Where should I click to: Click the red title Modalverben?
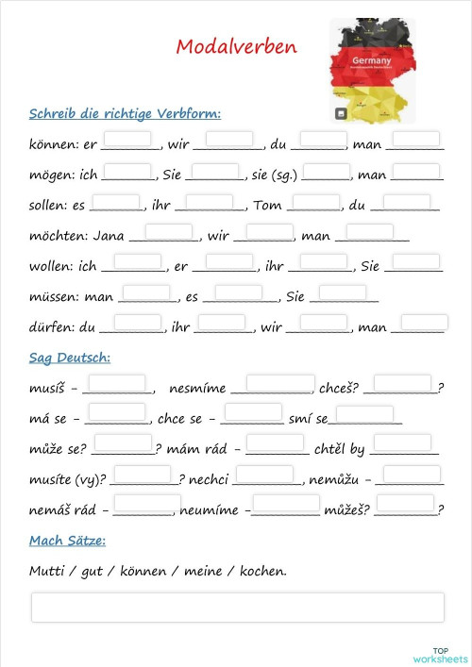click(x=236, y=47)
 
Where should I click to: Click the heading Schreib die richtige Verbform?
click(x=125, y=114)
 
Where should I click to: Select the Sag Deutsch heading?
click(x=70, y=358)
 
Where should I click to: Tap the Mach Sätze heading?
click(x=67, y=541)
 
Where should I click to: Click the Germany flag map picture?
click(x=371, y=71)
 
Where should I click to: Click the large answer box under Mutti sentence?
click(x=237, y=608)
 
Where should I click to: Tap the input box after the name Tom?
click(x=314, y=201)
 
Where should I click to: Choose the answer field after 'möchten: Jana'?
click(x=168, y=231)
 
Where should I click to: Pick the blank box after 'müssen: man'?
click(x=145, y=292)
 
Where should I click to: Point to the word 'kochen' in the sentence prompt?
click(x=262, y=571)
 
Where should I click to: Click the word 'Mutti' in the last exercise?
click(x=47, y=571)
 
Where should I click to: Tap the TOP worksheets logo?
click(x=439, y=654)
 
